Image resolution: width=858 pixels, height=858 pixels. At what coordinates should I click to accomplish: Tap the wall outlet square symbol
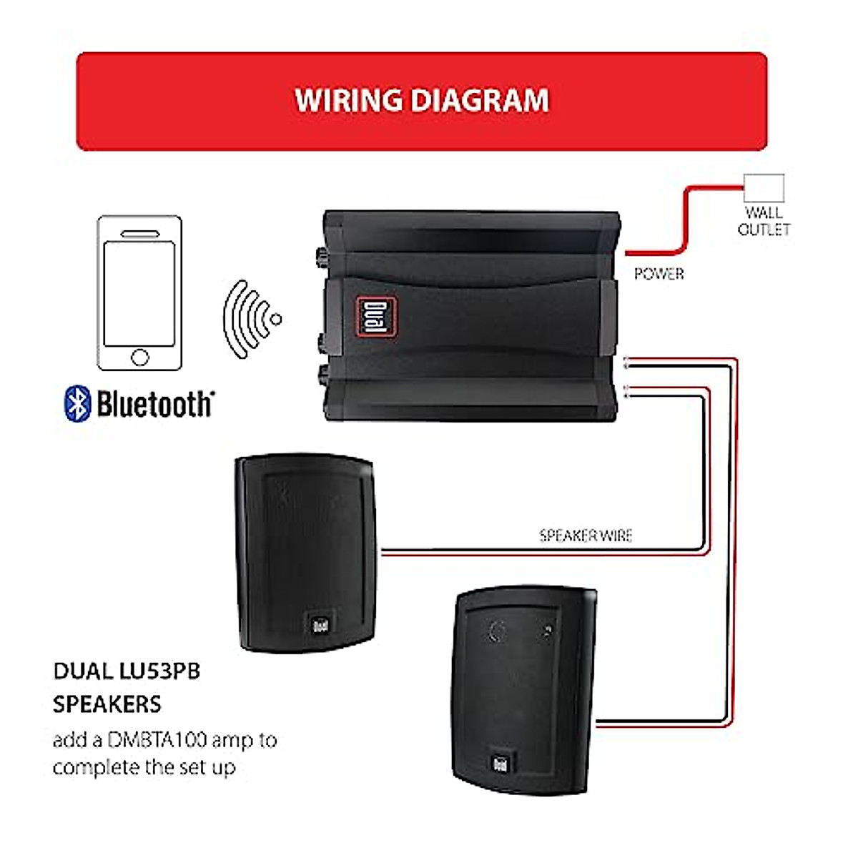click(764, 187)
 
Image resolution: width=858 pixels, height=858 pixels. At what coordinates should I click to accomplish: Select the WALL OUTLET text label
click(764, 221)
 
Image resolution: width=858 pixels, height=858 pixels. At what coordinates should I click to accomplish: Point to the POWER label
click(659, 274)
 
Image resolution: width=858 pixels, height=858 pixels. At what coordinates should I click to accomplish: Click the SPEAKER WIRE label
click(586, 536)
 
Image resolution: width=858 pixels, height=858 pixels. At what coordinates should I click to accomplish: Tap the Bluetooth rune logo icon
click(78, 403)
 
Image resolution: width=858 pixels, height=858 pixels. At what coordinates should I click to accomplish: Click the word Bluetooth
click(155, 404)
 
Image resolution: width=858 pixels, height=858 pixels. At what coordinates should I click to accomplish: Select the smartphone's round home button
click(140, 357)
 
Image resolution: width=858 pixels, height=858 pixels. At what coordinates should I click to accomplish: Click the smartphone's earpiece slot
click(139, 234)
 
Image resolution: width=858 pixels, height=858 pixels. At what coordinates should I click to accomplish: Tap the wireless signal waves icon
click(250, 319)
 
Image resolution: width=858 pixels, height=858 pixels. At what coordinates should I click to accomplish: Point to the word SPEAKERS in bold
click(107, 704)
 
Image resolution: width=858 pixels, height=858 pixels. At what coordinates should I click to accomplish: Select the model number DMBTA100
click(157, 740)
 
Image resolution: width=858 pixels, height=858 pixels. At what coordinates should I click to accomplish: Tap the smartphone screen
click(139, 294)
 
